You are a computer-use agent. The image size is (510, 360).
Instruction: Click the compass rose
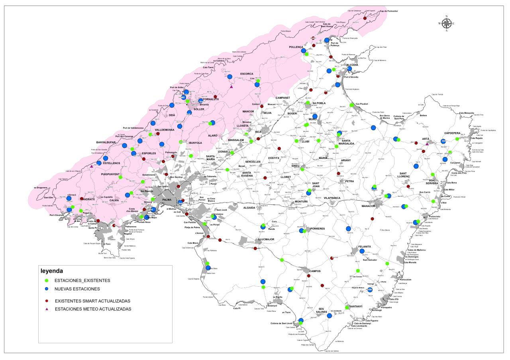(x=446, y=23)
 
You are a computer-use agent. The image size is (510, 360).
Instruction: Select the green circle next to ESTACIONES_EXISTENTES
(x=47, y=281)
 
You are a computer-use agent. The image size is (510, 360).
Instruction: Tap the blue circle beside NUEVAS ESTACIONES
(x=47, y=289)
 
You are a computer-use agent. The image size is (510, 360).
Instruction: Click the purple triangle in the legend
(x=47, y=309)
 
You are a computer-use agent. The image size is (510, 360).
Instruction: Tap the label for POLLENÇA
(x=296, y=47)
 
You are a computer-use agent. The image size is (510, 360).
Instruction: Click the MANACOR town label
(x=369, y=206)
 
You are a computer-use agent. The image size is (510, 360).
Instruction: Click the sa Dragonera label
(x=41, y=187)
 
